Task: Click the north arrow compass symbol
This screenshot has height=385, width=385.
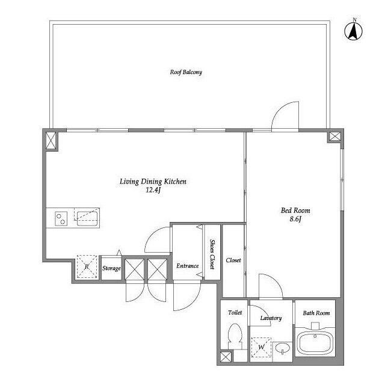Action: (354, 31)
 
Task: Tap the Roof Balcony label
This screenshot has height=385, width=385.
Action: (186, 72)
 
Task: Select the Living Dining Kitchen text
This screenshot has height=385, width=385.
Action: (153, 182)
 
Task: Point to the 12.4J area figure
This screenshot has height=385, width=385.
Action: (153, 190)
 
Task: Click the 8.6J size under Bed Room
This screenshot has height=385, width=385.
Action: (295, 219)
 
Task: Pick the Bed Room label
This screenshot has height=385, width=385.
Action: (295, 211)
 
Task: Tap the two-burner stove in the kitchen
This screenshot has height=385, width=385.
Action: (61, 218)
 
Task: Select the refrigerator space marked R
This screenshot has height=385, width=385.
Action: (87, 266)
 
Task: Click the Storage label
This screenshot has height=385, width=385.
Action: (111, 268)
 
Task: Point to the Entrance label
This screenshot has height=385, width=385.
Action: (187, 266)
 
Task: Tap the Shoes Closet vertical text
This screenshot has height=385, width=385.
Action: (212, 254)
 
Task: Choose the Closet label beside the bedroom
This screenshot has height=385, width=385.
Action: (233, 260)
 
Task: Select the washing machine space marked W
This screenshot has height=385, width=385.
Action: (261, 348)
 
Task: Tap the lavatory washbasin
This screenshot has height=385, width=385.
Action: (283, 348)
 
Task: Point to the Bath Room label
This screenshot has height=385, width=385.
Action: (316, 313)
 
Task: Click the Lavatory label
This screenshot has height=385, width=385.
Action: (271, 318)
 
